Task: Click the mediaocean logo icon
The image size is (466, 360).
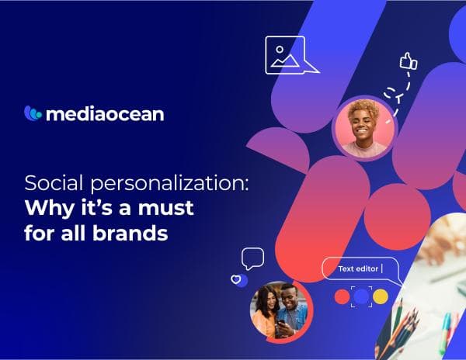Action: pos(33,113)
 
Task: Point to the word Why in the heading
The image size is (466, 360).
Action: pos(47,209)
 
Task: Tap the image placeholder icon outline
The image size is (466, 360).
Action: pos(285,55)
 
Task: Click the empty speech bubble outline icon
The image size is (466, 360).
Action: pos(252,258)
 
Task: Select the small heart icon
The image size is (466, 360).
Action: pos(237,279)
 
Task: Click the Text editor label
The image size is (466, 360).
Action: pos(358,269)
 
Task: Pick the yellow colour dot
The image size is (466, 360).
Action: pos(380,296)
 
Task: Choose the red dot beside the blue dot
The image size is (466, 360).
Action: pos(341,296)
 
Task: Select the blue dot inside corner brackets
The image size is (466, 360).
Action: pos(360,296)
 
